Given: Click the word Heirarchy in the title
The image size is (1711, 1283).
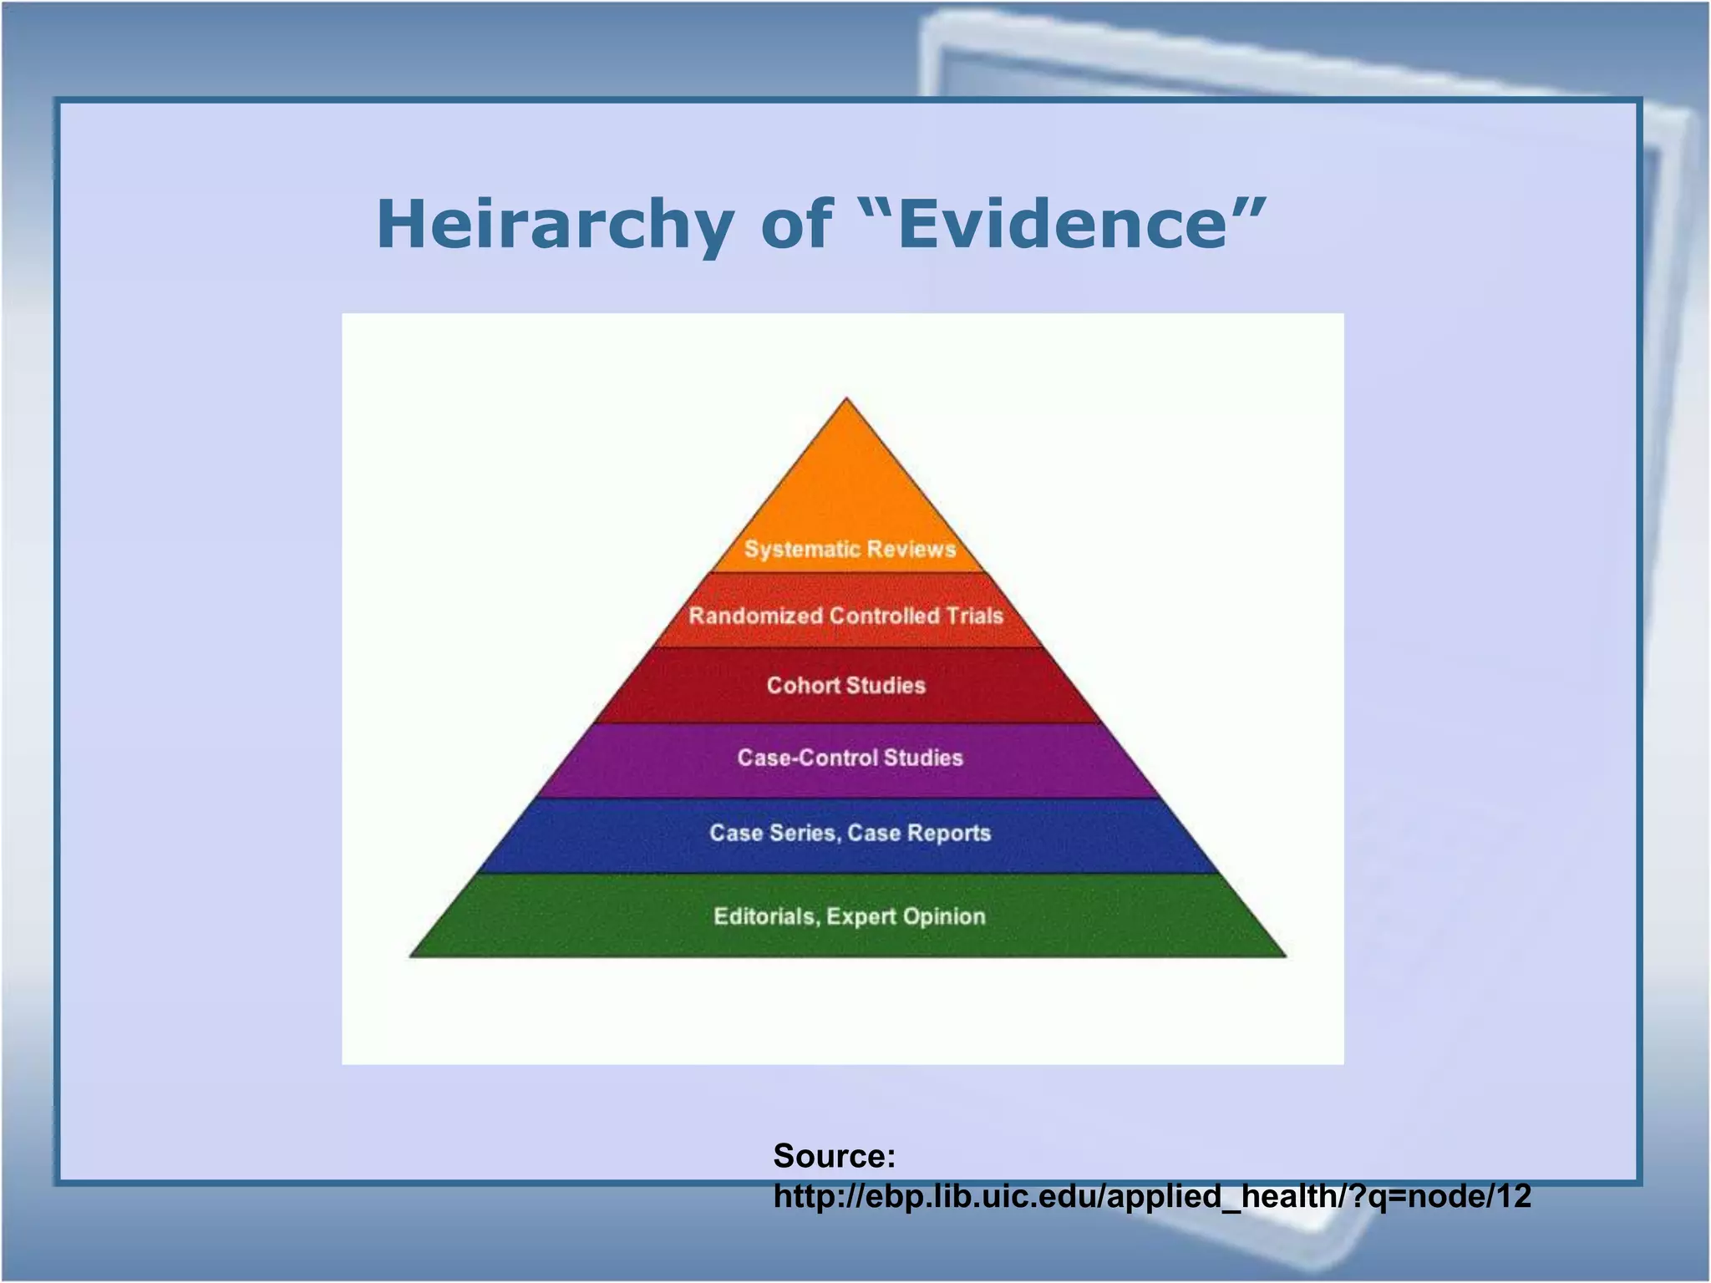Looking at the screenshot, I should click(x=555, y=226).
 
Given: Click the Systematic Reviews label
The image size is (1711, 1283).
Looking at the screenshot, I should click(x=850, y=550).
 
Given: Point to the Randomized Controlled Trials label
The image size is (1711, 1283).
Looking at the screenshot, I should click(x=845, y=616).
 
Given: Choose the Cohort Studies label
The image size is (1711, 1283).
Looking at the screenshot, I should click(x=846, y=686).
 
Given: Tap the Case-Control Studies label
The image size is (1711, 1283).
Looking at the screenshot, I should click(x=850, y=758).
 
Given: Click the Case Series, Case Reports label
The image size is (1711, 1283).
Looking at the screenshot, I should click(x=850, y=834).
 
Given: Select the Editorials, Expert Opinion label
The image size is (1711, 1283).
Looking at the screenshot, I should click(x=850, y=917).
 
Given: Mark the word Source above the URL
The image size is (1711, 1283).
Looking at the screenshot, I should click(x=834, y=1156).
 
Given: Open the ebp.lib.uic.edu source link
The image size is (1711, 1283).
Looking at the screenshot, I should click(x=1152, y=1197).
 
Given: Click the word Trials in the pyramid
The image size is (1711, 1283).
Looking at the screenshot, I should click(x=974, y=616).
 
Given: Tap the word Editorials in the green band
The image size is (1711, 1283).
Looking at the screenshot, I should click(x=764, y=917).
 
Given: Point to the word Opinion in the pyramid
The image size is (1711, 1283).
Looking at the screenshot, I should click(x=944, y=917).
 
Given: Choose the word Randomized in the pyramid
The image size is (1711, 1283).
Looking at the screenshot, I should click(x=755, y=616).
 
